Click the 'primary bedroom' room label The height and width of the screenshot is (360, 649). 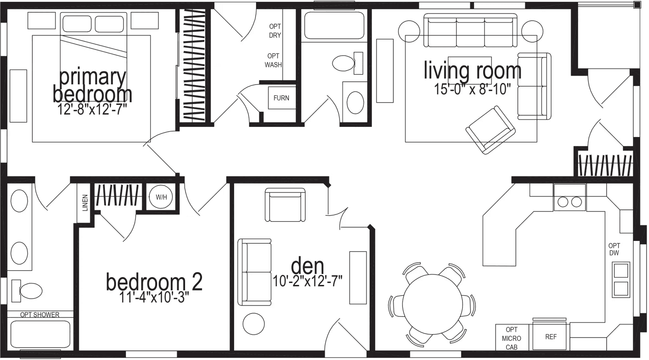coord(92,86)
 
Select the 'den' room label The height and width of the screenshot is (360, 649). coord(307,265)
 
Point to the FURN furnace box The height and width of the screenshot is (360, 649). coord(281,98)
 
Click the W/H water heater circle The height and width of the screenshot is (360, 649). coord(161,197)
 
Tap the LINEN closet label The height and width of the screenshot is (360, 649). coord(85,202)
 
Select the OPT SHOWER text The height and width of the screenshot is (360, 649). coord(39,315)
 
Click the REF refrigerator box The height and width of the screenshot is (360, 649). coord(551,337)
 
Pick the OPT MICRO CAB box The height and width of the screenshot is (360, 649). coord(512,338)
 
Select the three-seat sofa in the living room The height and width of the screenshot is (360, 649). coord(470,31)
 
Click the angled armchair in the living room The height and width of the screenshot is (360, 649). coord(490,129)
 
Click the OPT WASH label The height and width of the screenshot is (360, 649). coord(273,60)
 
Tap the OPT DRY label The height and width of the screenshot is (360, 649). coord(275,31)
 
